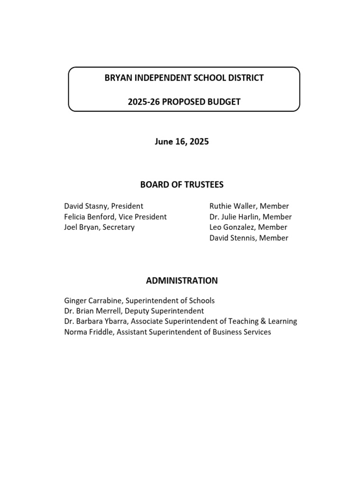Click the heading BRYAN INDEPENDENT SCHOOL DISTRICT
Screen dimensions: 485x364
pyautogui.click(x=184, y=78)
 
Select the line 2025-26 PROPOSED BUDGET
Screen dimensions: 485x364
pyautogui.click(x=184, y=101)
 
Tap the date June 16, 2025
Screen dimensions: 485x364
pyautogui.click(x=182, y=142)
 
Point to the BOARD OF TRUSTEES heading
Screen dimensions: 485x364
pyautogui.click(x=182, y=184)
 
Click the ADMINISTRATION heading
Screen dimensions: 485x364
pyautogui.click(x=182, y=280)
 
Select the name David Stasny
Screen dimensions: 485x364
pyautogui.click(x=86, y=206)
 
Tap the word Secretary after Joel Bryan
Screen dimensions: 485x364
pyautogui.click(x=118, y=227)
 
